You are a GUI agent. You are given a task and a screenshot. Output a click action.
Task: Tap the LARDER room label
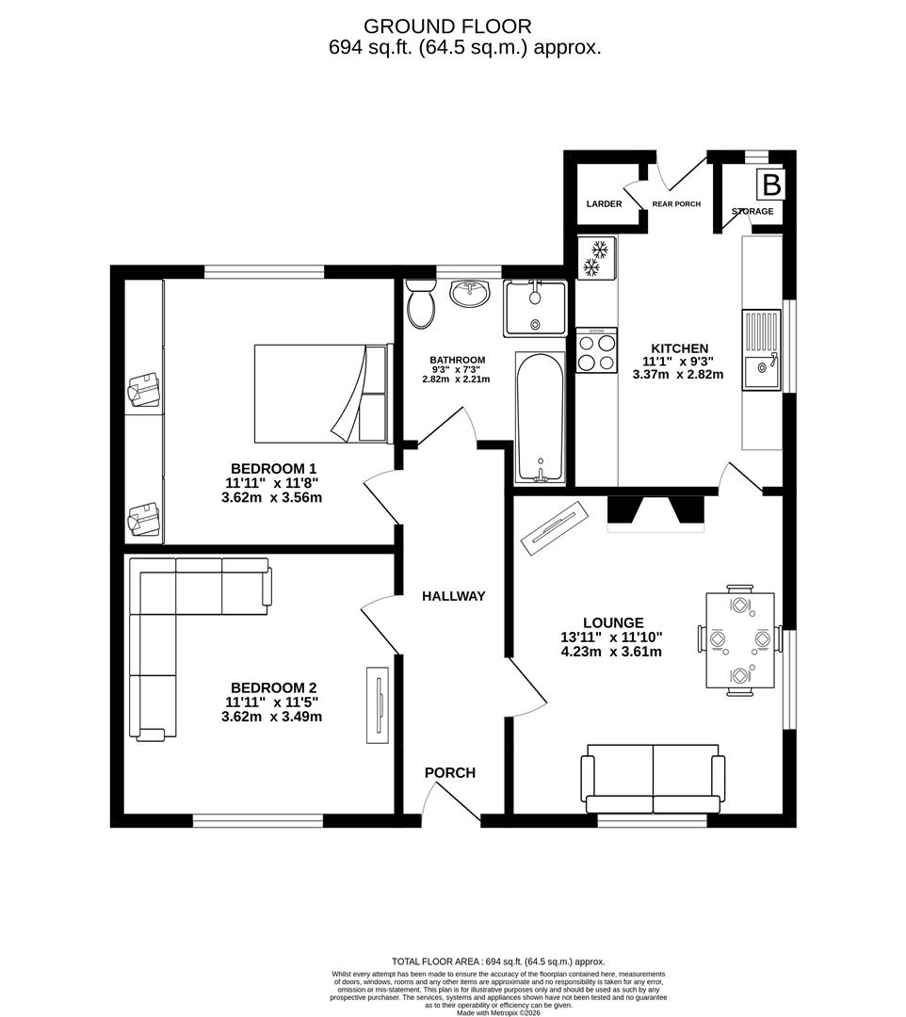[x=604, y=204]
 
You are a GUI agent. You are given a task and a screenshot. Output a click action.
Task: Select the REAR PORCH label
[x=676, y=204]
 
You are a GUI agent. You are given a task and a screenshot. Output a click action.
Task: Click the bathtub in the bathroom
[x=540, y=416]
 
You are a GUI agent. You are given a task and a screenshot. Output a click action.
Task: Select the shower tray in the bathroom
[x=535, y=308]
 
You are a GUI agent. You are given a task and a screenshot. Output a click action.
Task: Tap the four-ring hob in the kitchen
[x=596, y=350]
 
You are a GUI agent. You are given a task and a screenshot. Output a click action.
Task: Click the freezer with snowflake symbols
[x=595, y=258]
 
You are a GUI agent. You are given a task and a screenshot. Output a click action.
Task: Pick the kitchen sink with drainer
[x=761, y=349]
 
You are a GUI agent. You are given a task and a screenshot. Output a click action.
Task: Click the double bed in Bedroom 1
[x=320, y=393]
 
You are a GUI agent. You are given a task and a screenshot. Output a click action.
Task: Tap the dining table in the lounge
[x=739, y=641]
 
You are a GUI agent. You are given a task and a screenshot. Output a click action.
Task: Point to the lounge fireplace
[x=655, y=513]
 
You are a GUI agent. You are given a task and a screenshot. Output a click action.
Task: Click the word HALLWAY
[x=453, y=596]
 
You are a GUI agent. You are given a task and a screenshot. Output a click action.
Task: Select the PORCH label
[x=450, y=773]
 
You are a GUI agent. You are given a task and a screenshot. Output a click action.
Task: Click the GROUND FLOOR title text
[x=447, y=26]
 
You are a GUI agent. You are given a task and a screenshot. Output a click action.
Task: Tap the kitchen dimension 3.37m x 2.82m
[x=677, y=374]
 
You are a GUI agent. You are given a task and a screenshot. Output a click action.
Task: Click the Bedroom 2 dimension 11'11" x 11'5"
[x=271, y=702]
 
